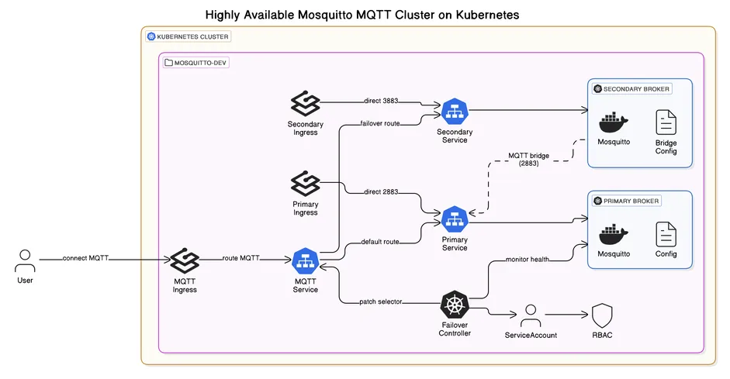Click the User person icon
(x=25, y=260)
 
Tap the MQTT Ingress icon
(x=185, y=260)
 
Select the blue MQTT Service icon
(x=306, y=260)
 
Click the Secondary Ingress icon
(x=306, y=103)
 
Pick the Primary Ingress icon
(x=306, y=184)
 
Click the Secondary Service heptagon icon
(x=455, y=112)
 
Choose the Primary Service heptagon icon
(x=455, y=219)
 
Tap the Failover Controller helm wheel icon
(x=455, y=304)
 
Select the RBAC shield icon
(x=603, y=315)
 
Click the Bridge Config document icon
(x=666, y=124)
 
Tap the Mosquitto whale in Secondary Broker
(x=613, y=124)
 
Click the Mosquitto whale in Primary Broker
(x=613, y=234)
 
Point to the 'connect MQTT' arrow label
(x=85, y=258)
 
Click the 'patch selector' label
(x=381, y=301)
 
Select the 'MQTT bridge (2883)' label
(x=528, y=160)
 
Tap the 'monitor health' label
(x=528, y=260)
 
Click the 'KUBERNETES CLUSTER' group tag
(x=189, y=36)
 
